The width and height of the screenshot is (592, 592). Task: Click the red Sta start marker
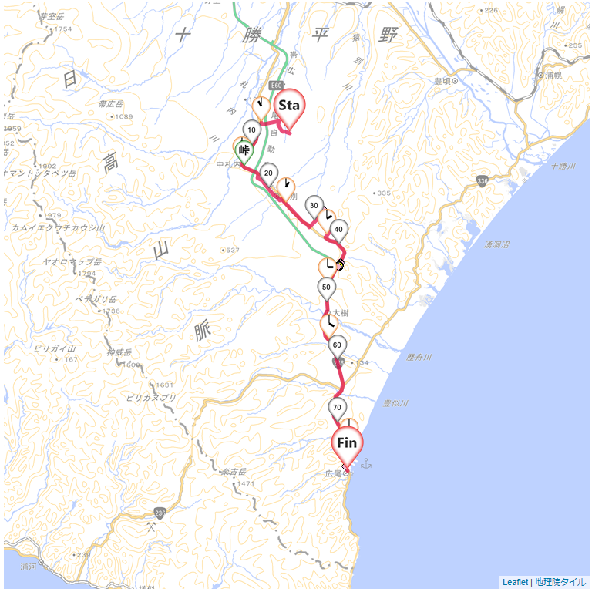pos(289,106)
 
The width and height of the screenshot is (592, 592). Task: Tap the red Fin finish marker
pos(347,444)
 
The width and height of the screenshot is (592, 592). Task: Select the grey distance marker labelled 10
pos(251,130)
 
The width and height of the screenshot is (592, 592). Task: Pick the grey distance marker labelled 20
pos(268,173)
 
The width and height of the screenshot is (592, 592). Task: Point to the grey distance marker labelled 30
pos(313,206)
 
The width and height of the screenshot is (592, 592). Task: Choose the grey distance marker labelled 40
pos(338,230)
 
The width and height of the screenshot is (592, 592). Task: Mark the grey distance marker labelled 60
pos(337,345)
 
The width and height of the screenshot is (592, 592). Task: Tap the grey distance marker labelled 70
pos(336,408)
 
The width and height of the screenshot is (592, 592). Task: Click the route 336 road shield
pos(483,181)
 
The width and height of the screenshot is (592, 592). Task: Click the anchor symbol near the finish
pos(366,463)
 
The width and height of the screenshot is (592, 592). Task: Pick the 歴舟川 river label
pos(419,358)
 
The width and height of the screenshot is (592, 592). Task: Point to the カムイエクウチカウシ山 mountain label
pos(57,227)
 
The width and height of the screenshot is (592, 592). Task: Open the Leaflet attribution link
pos(516,582)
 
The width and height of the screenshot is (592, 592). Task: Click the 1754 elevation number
pos(63,29)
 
